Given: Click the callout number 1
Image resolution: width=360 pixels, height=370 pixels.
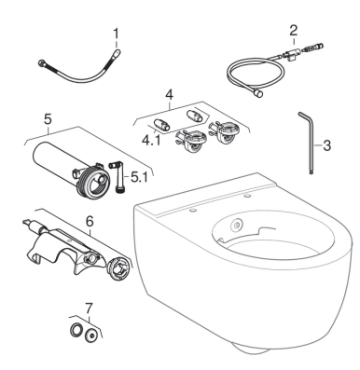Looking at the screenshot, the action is (x=116, y=34).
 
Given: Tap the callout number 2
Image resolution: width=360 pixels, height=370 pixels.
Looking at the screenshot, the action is (x=293, y=31).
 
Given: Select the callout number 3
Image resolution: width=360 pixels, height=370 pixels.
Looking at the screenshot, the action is (x=326, y=145).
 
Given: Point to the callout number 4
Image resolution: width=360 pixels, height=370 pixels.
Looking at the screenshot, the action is (x=170, y=95).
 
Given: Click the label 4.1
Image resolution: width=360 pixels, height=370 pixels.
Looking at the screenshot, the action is (x=151, y=141).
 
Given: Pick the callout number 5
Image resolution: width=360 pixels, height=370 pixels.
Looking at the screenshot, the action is (x=48, y=119).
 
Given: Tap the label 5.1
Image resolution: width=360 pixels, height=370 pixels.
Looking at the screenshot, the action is (x=139, y=177).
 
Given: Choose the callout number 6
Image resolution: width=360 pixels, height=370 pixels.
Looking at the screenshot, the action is (x=90, y=221).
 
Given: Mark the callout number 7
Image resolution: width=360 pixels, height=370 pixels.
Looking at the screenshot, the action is (x=89, y=308).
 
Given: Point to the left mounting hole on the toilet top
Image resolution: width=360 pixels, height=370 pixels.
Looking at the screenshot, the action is (x=193, y=211).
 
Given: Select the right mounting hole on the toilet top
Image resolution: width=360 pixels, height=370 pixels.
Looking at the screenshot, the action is (x=248, y=196).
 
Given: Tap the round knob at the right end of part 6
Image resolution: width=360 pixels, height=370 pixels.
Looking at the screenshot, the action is (x=118, y=267).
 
